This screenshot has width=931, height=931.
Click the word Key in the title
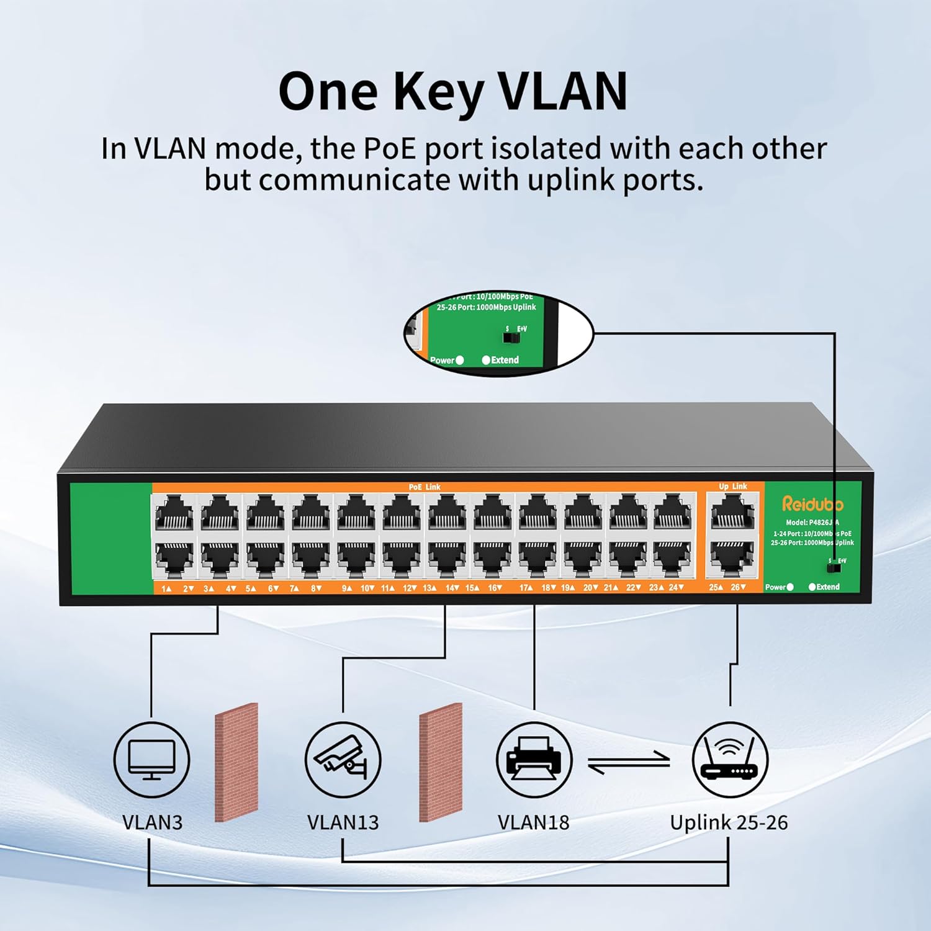point(439,92)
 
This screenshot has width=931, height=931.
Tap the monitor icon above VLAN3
point(151,760)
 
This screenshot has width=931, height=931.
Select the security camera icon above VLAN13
point(343,760)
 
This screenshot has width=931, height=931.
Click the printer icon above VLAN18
point(534,760)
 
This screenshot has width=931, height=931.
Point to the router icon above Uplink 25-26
point(730,760)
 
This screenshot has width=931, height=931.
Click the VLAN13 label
point(343,822)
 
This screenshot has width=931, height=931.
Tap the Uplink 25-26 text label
point(729,822)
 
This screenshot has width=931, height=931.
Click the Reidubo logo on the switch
point(812,503)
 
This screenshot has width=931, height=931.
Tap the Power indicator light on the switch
point(789,587)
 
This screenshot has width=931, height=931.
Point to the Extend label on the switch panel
point(828,587)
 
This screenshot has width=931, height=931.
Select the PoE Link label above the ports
point(425,487)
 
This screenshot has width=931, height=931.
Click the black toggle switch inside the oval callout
point(511,338)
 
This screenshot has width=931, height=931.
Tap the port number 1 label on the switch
point(165,588)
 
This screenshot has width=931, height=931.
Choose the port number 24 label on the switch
point(675,588)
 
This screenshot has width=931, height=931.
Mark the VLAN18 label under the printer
point(534,822)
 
